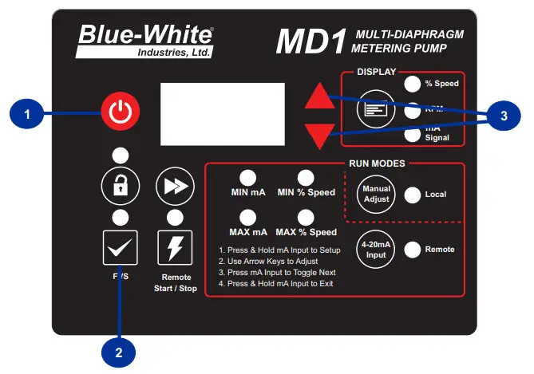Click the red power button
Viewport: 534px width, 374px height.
pyautogui.click(x=119, y=112)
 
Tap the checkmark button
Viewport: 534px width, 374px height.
pyautogui.click(x=119, y=248)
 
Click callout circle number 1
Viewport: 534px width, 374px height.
pyautogui.click(x=28, y=114)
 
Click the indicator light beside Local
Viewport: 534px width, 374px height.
pyautogui.click(x=412, y=194)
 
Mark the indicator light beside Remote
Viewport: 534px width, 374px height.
pyautogui.click(x=412, y=250)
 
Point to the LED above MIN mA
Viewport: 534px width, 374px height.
pyautogui.click(x=248, y=177)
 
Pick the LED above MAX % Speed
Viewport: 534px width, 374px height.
pyautogui.click(x=306, y=217)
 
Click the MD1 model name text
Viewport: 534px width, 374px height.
pyautogui.click(x=309, y=42)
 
